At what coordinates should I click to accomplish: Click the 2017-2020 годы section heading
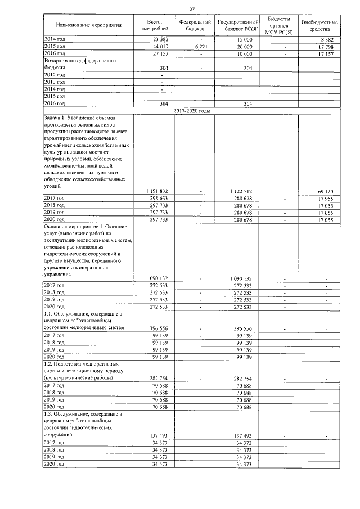click(x=192, y=111)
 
